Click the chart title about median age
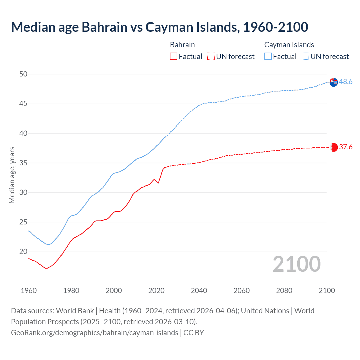point(159,27)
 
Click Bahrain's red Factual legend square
point(174,56)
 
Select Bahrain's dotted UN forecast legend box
point(211,56)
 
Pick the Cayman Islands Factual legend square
point(268,56)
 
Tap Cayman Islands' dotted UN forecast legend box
point(305,56)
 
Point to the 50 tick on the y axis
point(23,74)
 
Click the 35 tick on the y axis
point(23,163)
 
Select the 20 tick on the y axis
point(23,251)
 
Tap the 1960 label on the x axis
point(29,291)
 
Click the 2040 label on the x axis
point(199,291)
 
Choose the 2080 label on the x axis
point(284,291)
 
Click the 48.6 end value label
point(346,82)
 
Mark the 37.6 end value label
point(346,147)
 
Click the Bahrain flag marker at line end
point(334,147)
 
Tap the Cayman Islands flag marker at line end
point(334,82)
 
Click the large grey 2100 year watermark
point(296,264)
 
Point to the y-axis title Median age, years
point(12,175)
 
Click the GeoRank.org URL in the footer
point(94,332)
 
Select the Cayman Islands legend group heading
point(289,45)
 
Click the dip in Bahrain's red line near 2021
point(158,183)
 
